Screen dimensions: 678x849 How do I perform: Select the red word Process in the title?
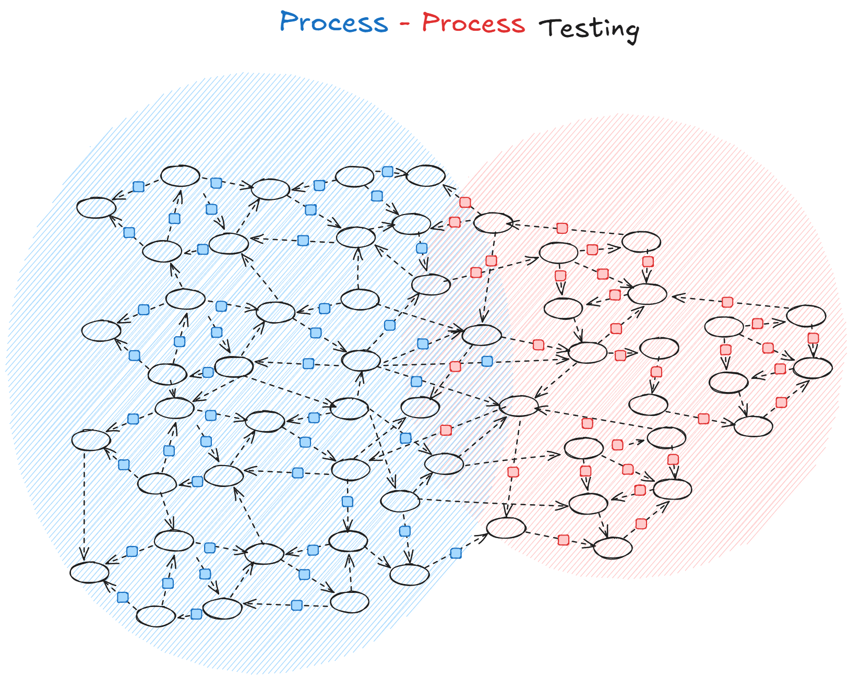click(473, 23)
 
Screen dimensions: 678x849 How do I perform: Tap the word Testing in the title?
click(589, 29)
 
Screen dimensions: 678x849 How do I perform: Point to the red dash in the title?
click(405, 24)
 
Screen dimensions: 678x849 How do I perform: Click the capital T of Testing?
click(548, 27)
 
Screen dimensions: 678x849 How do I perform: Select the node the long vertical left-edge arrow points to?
click(90, 573)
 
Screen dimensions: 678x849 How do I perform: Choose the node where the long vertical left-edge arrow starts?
click(91, 440)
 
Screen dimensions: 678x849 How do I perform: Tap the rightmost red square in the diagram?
click(813, 338)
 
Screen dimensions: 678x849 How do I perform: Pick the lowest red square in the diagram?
click(563, 540)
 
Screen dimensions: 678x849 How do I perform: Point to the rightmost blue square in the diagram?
click(487, 361)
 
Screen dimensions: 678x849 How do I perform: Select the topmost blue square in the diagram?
click(387, 172)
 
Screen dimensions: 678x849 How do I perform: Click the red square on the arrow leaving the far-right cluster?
click(727, 302)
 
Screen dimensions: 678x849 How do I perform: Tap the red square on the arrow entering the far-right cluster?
click(703, 419)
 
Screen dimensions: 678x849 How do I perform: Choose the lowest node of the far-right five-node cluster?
click(753, 426)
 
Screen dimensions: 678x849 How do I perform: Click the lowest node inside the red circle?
click(613, 548)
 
